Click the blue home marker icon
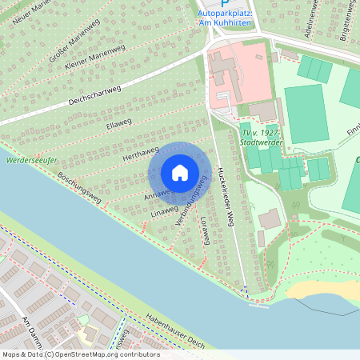180,172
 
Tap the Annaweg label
158,193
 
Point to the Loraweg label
204,230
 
